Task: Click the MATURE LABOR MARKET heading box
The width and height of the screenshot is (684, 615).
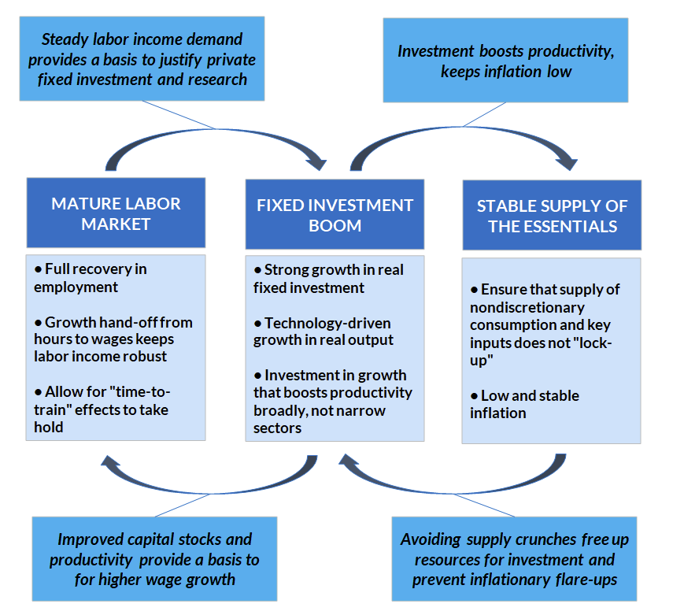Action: [x=116, y=213]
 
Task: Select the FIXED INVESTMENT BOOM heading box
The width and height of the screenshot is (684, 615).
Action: [x=335, y=215]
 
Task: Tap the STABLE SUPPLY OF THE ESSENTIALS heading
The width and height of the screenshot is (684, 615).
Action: [x=551, y=216]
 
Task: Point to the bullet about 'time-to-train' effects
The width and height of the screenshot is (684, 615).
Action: [x=102, y=409]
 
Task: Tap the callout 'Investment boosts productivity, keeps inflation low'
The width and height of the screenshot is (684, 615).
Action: [x=505, y=61]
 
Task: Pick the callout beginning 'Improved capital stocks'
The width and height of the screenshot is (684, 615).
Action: [x=154, y=559]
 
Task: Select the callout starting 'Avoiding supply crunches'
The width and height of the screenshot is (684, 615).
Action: [x=514, y=560]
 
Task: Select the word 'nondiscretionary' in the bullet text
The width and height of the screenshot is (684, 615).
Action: [x=526, y=307]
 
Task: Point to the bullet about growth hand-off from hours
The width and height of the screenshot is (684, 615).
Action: [x=113, y=339]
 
